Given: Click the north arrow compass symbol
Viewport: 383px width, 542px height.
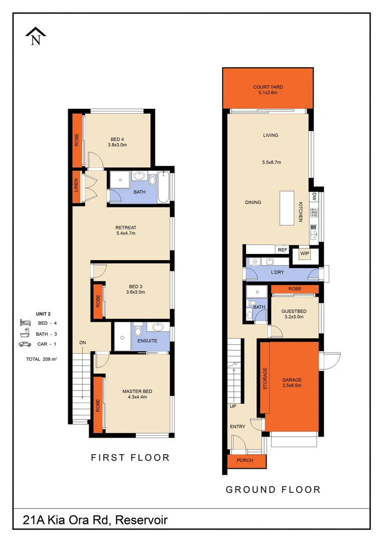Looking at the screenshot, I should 36,37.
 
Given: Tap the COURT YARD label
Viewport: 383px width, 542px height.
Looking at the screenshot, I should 268,90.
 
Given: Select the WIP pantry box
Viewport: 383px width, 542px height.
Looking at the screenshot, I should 304,254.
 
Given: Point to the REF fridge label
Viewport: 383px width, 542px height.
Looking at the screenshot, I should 282,249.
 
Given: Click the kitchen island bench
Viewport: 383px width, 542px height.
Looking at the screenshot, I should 287,209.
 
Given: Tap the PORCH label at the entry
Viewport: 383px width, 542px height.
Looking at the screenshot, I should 245,461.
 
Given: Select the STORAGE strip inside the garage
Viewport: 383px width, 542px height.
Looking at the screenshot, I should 265,379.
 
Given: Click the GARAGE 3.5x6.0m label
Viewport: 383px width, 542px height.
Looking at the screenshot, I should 292,383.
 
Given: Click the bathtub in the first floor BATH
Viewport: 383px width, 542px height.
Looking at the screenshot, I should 163,187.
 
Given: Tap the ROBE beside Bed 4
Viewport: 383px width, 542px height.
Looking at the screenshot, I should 77,140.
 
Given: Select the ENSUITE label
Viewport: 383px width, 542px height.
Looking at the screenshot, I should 147,341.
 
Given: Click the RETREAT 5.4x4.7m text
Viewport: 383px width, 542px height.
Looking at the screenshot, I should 125,230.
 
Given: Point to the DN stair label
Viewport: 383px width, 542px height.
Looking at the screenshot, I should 83,343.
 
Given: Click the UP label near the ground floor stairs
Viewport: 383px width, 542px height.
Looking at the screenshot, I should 233,406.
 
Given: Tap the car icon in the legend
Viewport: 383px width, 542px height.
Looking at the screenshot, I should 24,344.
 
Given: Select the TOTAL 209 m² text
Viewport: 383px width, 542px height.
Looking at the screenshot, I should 41,359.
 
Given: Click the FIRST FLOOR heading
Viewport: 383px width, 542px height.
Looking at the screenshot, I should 130,457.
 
